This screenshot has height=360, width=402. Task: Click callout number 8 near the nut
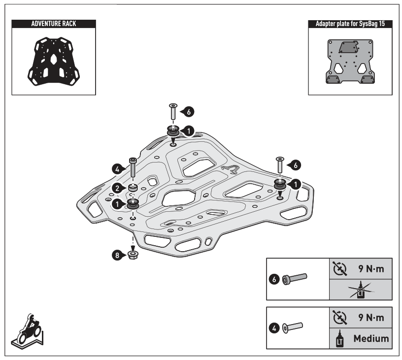[x=117, y=255]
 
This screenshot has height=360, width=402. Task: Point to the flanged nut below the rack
[x=132, y=255]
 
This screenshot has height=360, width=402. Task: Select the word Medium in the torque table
[x=370, y=338]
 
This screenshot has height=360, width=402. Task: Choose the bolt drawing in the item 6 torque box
[x=294, y=279]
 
